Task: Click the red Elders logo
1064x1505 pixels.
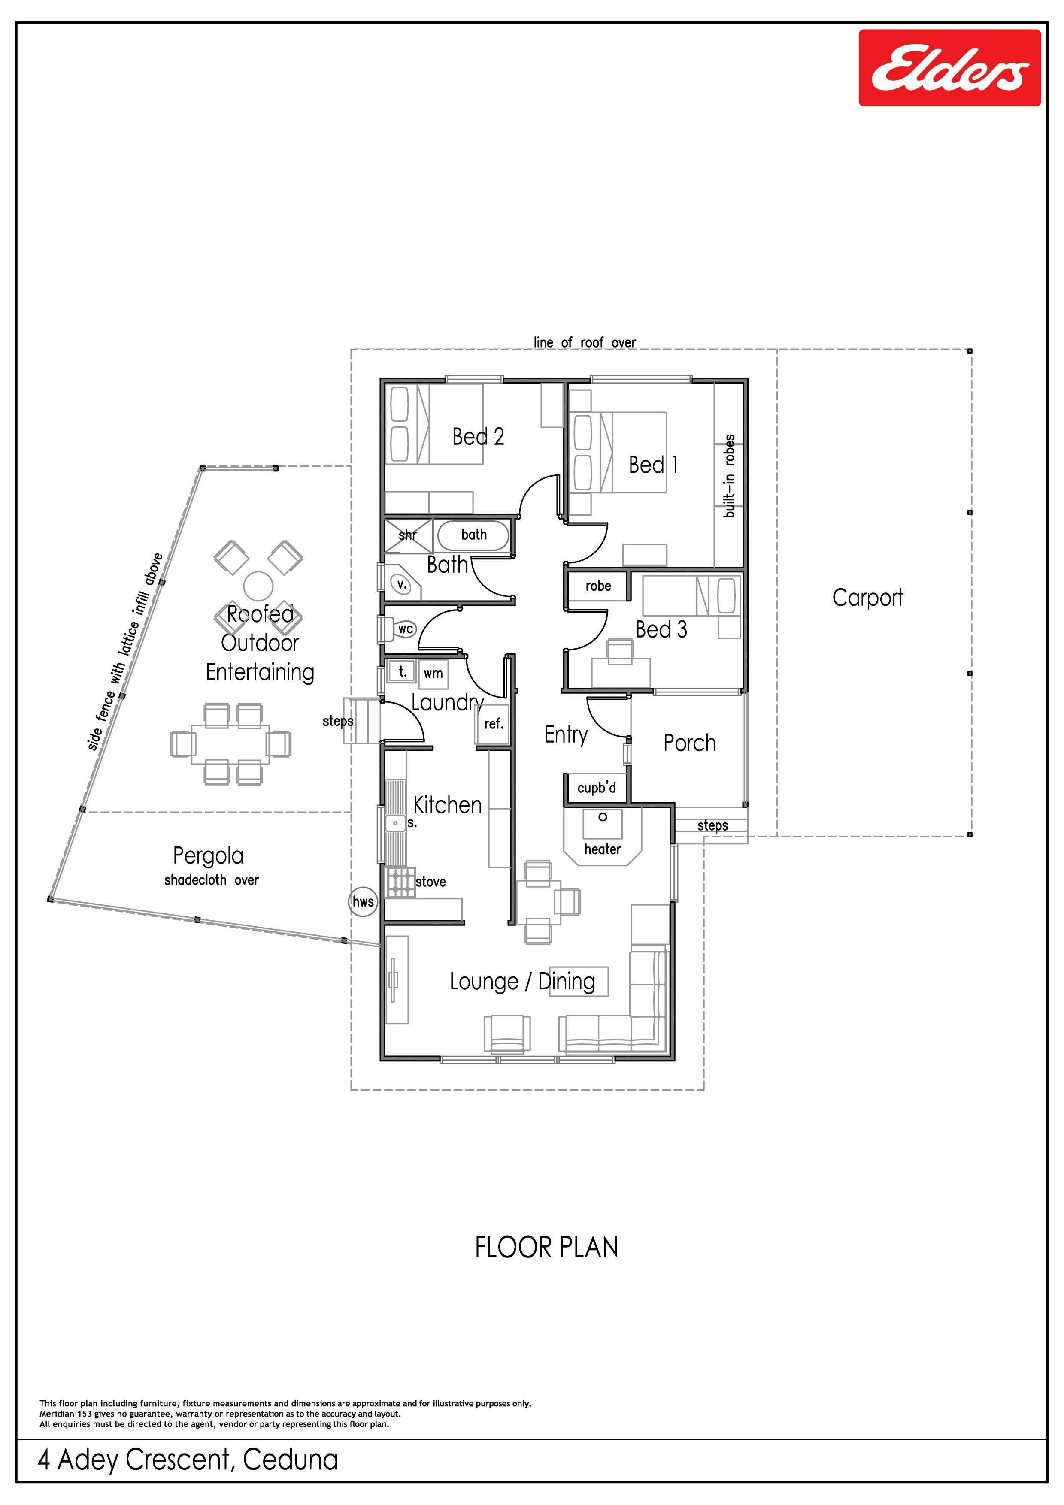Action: click(949, 67)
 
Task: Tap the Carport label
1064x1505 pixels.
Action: click(867, 598)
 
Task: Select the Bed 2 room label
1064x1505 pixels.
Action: click(478, 437)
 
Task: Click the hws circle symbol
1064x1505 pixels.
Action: click(363, 901)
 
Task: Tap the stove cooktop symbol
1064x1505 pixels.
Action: click(400, 882)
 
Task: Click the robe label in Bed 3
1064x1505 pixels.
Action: click(598, 586)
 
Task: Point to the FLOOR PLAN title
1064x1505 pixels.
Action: click(546, 1248)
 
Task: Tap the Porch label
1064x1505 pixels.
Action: click(689, 743)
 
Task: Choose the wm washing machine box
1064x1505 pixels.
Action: click(433, 673)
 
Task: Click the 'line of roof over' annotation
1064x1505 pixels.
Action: click(585, 342)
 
